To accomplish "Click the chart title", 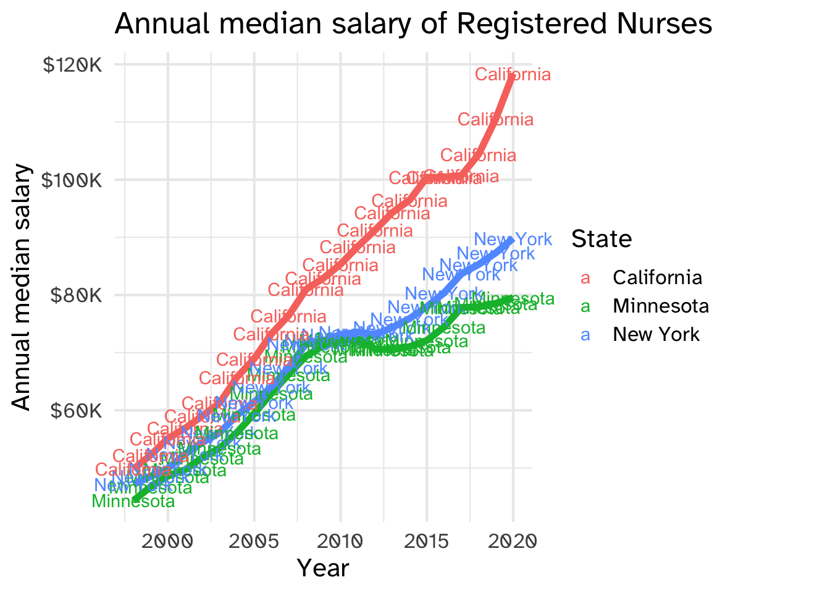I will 413,25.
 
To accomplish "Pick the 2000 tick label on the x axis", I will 168,542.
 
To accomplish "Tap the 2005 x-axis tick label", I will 254,542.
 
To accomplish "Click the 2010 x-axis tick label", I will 340,542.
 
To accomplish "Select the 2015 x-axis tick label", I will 427,542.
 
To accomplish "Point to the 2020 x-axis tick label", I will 513,542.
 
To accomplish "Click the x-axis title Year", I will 323,568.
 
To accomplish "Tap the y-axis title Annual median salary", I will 22,287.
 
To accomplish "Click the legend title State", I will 602,239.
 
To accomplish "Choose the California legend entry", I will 657,278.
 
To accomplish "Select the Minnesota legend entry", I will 660,306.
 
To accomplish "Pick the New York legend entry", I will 656,335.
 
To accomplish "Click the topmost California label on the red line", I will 513,75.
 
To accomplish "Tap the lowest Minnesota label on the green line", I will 133,502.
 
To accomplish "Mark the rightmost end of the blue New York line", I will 512,241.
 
